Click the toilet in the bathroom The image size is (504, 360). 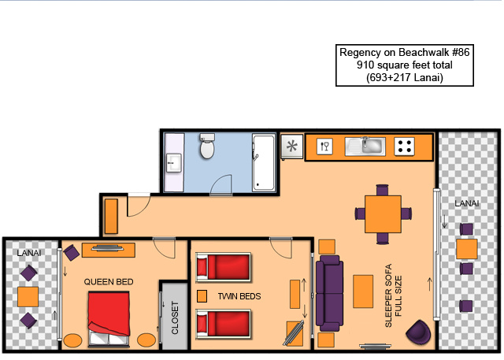[207, 146]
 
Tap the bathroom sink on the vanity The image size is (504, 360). [173, 162]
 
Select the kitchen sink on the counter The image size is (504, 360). [365, 147]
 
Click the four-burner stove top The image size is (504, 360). [404, 147]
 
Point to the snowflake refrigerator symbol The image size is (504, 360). [292, 147]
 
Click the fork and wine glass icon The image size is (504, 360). [324, 147]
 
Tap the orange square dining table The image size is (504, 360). [383, 214]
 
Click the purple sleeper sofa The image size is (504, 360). [329, 293]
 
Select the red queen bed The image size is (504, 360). [109, 318]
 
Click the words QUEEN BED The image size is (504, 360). [109, 282]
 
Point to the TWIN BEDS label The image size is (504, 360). [239, 296]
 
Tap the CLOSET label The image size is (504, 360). [175, 317]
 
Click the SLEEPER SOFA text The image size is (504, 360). [388, 295]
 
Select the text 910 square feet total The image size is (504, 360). [404, 65]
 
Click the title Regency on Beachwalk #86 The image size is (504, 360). [404, 52]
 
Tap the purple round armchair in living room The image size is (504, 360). [418, 331]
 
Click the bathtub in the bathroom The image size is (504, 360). [264, 162]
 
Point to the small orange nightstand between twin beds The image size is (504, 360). [202, 296]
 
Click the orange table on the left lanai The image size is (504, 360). [28, 297]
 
